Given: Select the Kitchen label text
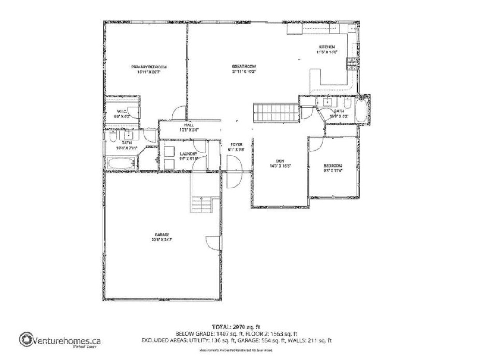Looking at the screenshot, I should click(x=327, y=47).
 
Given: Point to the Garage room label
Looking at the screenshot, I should click(x=162, y=235).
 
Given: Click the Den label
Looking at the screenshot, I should click(x=280, y=160).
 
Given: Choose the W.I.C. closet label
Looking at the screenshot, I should click(x=122, y=111).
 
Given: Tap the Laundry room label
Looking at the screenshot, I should click(x=188, y=154).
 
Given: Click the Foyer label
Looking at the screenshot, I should click(x=236, y=145).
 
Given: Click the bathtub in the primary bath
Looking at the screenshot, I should click(x=121, y=163).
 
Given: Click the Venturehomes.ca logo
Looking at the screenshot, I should click(x=60, y=341).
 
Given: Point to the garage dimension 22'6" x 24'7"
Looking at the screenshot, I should click(x=162, y=240).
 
